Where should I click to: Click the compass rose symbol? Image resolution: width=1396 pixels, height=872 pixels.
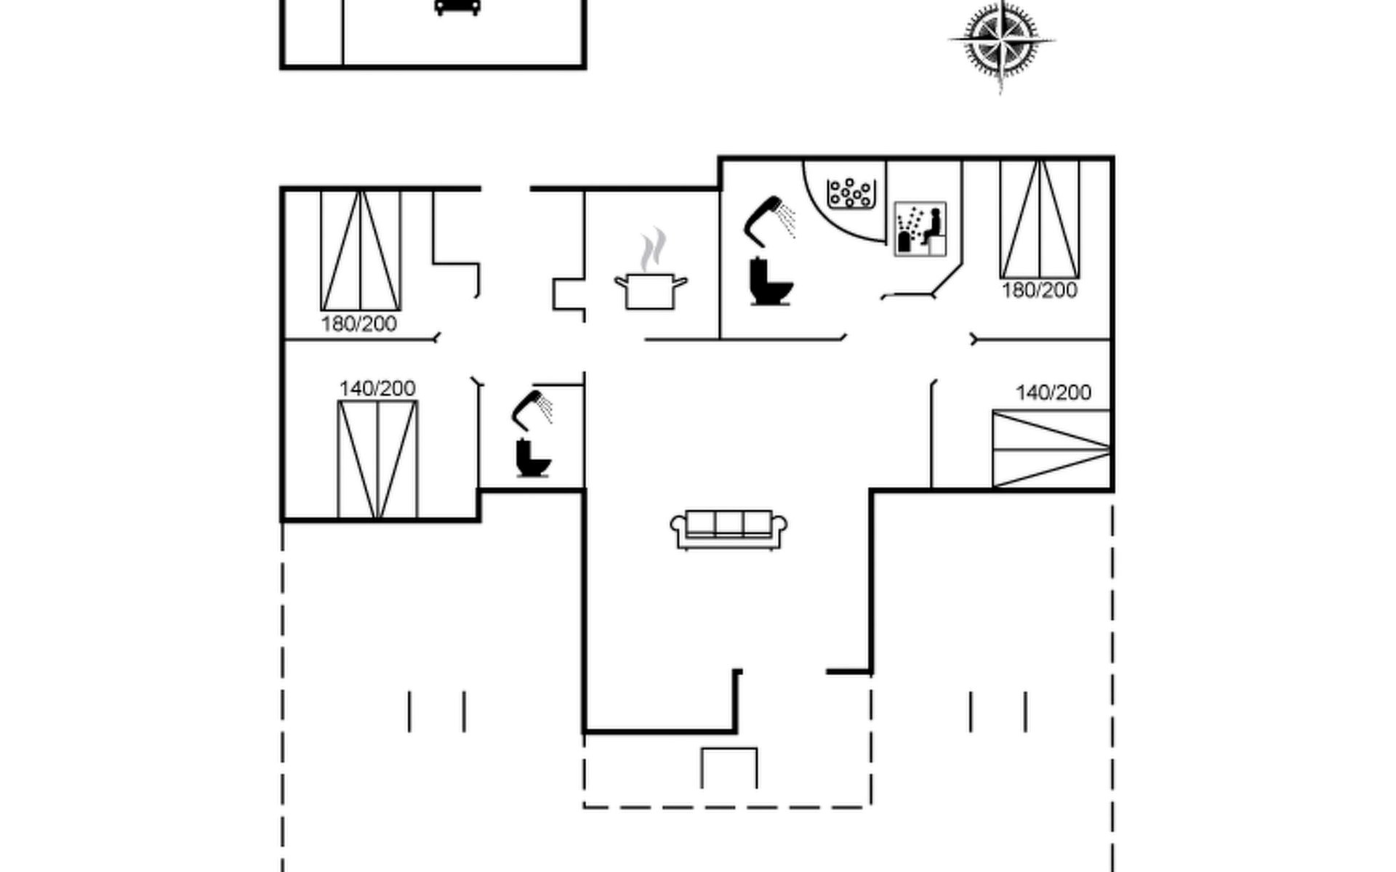pos(1001,41)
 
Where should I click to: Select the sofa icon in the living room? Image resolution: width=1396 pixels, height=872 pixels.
pos(729,528)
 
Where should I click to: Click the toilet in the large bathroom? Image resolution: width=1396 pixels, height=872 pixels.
pos(769,282)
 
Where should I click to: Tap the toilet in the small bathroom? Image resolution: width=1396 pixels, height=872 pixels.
pos(532,458)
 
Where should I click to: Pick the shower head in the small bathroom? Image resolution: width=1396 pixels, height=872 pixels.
pos(531,408)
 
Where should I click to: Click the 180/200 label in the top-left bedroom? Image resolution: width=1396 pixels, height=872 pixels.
pos(359,324)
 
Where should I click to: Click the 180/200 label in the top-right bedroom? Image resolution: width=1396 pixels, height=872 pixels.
pos(1039,291)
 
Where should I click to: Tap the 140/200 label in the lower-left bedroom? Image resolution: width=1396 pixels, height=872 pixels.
pos(377,389)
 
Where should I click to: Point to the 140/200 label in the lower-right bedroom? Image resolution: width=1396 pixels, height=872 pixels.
pos(1053,393)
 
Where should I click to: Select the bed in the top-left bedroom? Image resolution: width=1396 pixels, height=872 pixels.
pos(361,250)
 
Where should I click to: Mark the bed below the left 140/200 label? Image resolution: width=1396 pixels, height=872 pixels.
pos(377,459)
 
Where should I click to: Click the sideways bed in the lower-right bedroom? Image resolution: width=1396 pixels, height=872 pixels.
pos(1051,448)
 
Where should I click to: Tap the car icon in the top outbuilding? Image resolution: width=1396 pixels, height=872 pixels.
pos(457,7)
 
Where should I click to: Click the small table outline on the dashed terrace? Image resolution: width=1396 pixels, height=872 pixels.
pos(729,767)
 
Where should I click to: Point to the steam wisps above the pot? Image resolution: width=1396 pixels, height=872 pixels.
pos(653,249)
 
